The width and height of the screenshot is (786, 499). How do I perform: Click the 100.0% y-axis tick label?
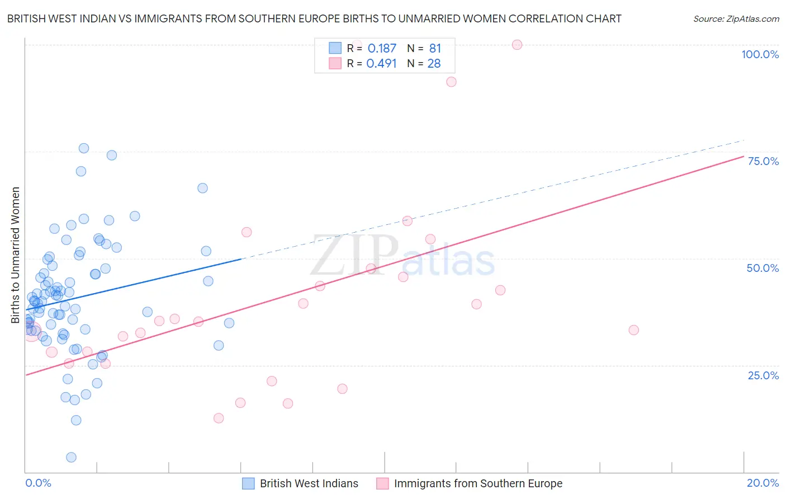point(760,54)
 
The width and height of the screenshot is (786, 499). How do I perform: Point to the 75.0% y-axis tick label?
point(763,161)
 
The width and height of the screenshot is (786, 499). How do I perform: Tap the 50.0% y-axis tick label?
point(763,268)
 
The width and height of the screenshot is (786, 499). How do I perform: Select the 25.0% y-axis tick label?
point(763,375)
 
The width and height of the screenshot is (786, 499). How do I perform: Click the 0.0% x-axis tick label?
point(38,483)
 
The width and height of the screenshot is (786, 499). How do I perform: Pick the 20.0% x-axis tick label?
point(763,483)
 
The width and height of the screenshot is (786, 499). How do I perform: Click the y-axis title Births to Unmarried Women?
point(15,255)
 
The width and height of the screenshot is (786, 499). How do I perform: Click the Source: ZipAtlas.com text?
point(736,19)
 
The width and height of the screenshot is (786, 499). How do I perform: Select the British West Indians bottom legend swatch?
point(248,483)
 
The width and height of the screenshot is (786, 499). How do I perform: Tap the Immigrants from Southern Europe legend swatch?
point(382,483)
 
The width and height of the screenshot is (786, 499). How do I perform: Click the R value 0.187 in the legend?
point(382,49)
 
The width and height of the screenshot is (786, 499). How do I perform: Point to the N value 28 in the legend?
point(434,64)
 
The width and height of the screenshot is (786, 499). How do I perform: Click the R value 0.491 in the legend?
point(381,64)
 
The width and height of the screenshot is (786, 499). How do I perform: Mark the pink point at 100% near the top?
point(517,45)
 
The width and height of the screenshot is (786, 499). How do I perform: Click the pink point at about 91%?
point(451,82)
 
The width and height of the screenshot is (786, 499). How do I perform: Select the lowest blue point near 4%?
point(71,458)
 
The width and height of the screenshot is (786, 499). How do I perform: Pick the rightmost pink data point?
point(633,330)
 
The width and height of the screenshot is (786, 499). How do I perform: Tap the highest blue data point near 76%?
point(84,148)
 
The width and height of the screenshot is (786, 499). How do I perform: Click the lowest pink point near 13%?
point(219,418)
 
